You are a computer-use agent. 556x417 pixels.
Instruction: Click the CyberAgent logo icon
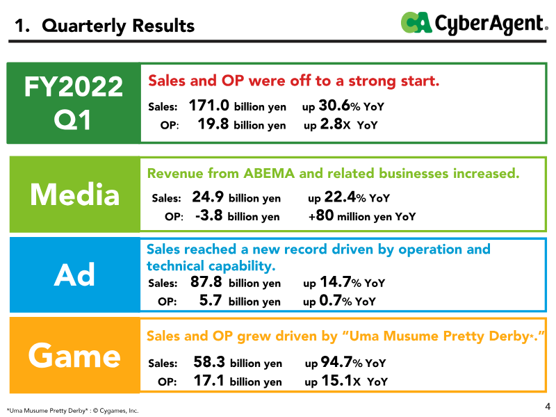[416, 23]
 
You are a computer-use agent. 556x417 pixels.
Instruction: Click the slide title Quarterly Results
[118, 26]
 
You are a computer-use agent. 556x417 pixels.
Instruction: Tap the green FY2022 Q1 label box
[74, 103]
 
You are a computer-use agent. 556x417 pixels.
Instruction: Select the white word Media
[75, 195]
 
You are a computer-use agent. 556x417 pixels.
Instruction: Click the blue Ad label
[75, 275]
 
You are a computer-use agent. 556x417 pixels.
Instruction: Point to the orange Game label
[75, 355]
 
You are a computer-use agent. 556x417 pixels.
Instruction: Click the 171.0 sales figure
[209, 106]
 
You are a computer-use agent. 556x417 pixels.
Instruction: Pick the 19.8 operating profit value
[213, 124]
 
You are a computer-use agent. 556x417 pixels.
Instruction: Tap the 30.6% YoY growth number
[340, 106]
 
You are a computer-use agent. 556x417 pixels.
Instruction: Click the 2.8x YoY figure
[335, 124]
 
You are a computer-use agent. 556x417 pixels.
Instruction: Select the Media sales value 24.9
[208, 197]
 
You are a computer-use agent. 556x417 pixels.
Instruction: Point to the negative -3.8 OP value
[209, 215]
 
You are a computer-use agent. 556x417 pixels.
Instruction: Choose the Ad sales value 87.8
[206, 282]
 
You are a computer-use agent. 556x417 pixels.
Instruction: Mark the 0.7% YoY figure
[336, 300]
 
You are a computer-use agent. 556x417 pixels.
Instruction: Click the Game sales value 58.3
[209, 362]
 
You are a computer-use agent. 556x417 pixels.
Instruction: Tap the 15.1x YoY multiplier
[341, 381]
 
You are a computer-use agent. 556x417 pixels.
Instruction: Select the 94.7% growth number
[341, 362]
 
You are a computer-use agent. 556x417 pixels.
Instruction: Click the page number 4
[548, 406]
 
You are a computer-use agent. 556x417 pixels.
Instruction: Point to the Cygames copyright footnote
[73, 411]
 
